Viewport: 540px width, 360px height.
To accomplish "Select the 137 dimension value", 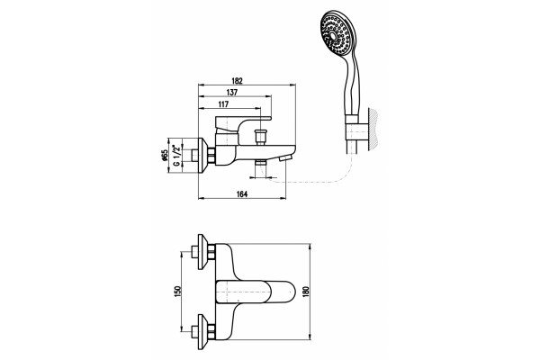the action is [232, 93].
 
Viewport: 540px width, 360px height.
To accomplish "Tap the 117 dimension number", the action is [223, 104].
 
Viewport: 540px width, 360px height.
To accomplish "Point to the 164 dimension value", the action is [242, 194].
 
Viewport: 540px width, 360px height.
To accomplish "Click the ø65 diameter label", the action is [165, 155].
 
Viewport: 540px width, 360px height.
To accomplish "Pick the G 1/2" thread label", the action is [176, 156].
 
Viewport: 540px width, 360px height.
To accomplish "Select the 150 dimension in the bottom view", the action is [177, 292].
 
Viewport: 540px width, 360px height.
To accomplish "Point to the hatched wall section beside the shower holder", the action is [373, 130].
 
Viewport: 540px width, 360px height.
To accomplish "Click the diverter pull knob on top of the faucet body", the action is [261, 137].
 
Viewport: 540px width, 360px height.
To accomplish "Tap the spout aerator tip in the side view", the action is [285, 158].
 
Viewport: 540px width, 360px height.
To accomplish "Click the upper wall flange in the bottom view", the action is [205, 253].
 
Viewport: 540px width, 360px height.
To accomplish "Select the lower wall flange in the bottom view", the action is [205, 331].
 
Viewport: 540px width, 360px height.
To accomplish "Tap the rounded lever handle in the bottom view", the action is [256, 292].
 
